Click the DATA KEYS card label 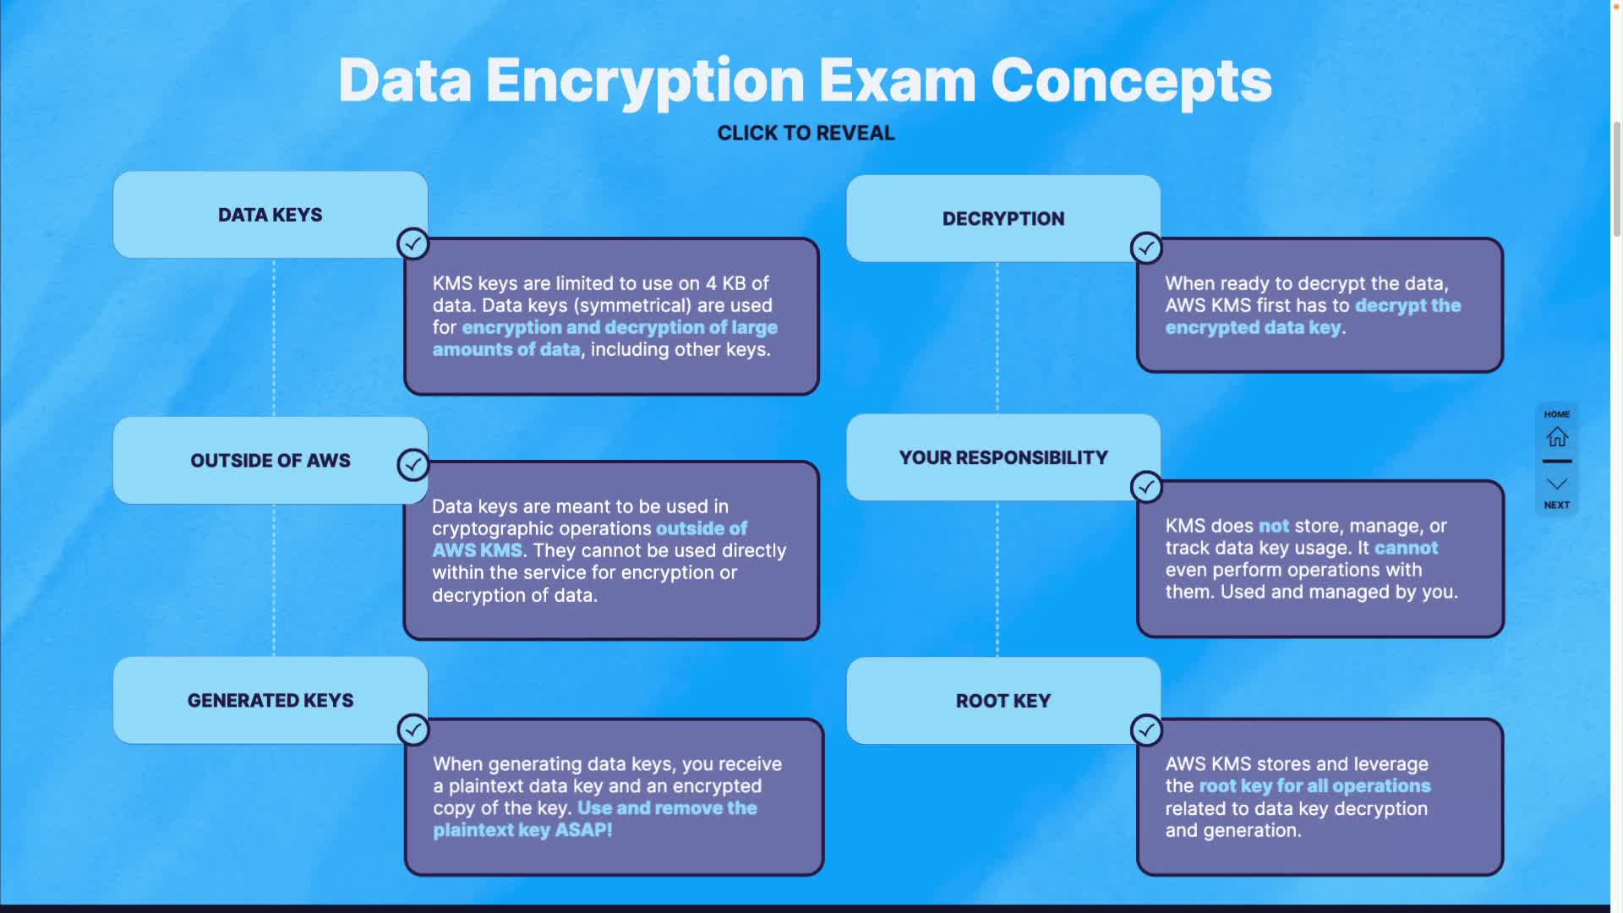270,215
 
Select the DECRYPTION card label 1003,219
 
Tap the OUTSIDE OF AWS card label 270,461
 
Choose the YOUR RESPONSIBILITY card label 1003,457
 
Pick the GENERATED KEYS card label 270,701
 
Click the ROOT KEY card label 1003,701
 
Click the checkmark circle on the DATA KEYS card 413,244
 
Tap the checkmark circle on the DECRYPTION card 1146,249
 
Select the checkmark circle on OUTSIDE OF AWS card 413,464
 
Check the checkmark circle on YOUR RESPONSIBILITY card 1146,487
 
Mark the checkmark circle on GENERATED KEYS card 413,730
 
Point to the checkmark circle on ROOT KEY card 1146,730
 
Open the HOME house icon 1556,437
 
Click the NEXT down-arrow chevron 1556,484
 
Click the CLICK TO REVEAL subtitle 806,134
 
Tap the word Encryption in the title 644,82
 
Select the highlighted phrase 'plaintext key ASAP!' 522,830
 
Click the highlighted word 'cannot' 1406,548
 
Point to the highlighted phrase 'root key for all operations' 1314,786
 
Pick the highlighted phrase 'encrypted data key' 1253,328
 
